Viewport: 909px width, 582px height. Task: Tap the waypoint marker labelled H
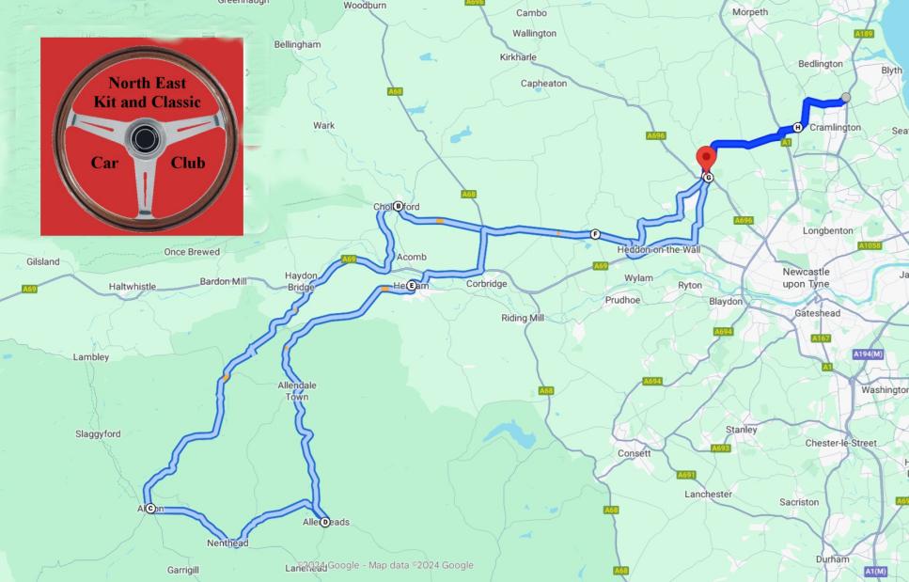pos(797,127)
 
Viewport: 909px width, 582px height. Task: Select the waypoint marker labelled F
pos(595,234)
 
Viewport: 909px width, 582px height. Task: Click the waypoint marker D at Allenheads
pos(325,522)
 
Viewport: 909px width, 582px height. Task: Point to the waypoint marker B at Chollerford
pos(398,207)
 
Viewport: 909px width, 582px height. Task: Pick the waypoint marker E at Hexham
pos(411,286)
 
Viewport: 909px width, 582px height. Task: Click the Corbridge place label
pos(486,284)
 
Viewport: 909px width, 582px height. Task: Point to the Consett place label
pos(635,453)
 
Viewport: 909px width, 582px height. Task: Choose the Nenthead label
pos(228,543)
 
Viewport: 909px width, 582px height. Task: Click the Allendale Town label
pos(297,391)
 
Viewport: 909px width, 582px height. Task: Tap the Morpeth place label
pos(750,12)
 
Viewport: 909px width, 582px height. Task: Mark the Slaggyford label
pos(99,434)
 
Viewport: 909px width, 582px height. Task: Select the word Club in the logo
pos(188,163)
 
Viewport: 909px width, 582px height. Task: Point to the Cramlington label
pos(835,128)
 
